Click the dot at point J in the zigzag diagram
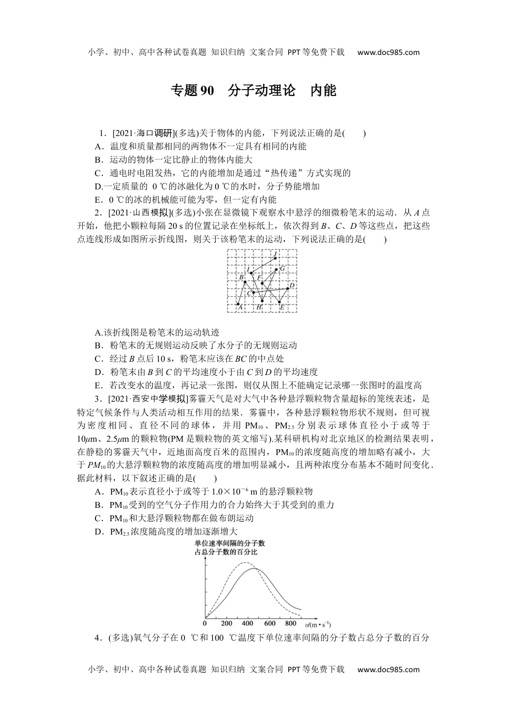[275, 259]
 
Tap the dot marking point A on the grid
[238, 304]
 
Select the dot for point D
[288, 288]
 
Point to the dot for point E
[280, 302]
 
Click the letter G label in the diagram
[282, 268]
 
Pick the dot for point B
[245, 282]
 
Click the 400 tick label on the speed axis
[248, 623]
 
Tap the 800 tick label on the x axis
[291, 623]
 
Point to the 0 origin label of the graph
[205, 623]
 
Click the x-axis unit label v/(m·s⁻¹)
[319, 624]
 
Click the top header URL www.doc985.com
[388, 52]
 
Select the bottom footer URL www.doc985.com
[388, 670]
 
